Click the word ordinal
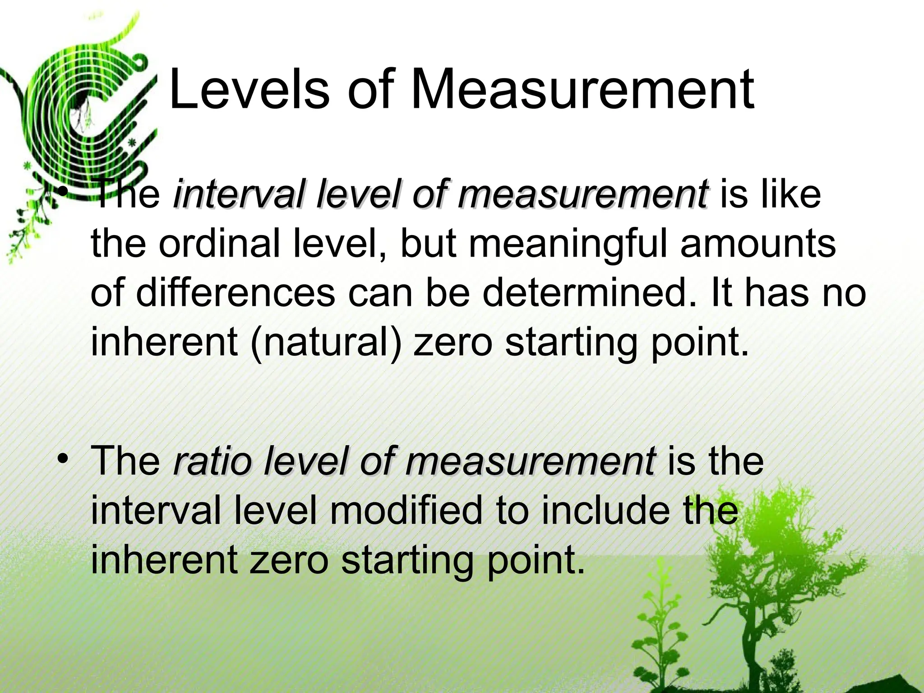[x=219, y=244]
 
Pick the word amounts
[x=758, y=244]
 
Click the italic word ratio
[x=212, y=461]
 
